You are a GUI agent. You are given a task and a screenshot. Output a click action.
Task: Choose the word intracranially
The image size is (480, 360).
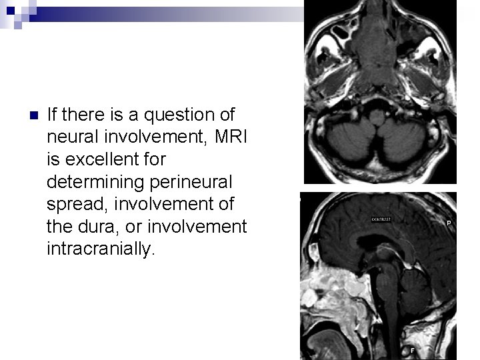pos(100,249)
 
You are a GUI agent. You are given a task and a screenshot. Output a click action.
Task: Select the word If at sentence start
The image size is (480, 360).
pos(53,115)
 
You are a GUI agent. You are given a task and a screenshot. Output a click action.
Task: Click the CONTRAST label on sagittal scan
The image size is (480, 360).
pos(382,219)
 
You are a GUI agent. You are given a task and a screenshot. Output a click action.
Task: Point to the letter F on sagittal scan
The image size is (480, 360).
pos(413,349)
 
